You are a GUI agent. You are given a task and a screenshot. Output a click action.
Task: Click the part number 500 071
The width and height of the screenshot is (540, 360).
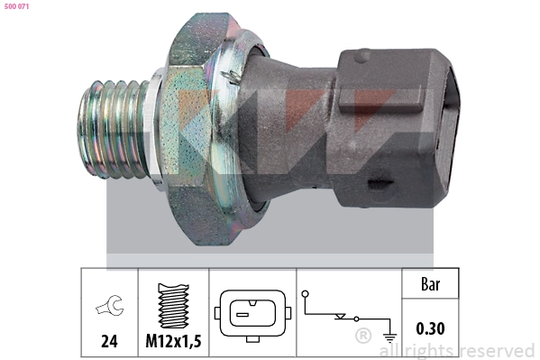pyautogui.click(x=16, y=6)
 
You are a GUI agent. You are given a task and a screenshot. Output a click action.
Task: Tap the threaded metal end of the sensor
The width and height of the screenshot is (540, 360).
pyautogui.click(x=113, y=129)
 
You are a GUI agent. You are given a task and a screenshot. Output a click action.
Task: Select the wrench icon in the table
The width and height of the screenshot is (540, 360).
pyautogui.click(x=109, y=305)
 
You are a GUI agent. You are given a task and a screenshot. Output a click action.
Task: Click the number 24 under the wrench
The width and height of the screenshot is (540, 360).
pyautogui.click(x=109, y=341)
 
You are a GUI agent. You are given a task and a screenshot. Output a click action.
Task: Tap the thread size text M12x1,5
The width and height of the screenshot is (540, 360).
pyautogui.click(x=173, y=341)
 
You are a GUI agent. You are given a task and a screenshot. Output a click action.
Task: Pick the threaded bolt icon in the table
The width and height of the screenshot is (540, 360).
pyautogui.click(x=173, y=306)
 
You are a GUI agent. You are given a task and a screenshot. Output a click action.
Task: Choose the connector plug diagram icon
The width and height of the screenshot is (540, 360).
pyautogui.click(x=252, y=315)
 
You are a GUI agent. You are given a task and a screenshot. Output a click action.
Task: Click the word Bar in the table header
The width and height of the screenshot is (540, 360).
pyautogui.click(x=430, y=284)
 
